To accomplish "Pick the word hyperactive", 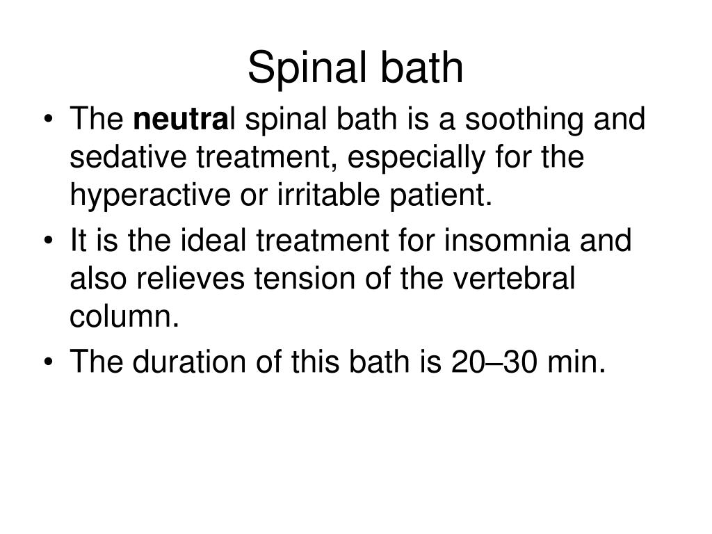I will tap(143, 196).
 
